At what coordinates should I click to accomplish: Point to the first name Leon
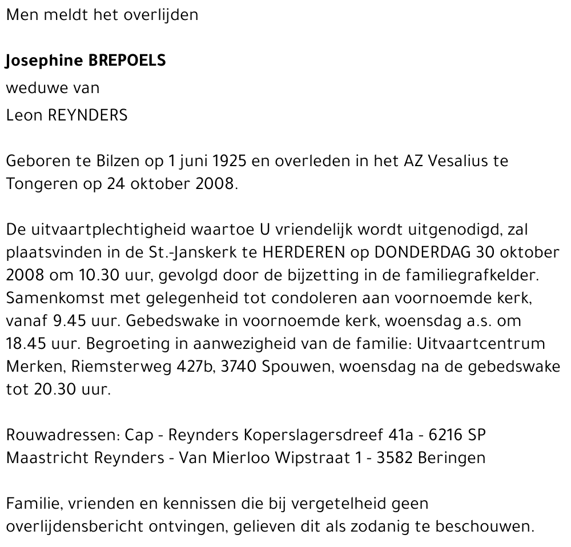pyautogui.click(x=23, y=115)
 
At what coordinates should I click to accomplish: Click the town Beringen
pyautogui.click(x=452, y=457)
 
